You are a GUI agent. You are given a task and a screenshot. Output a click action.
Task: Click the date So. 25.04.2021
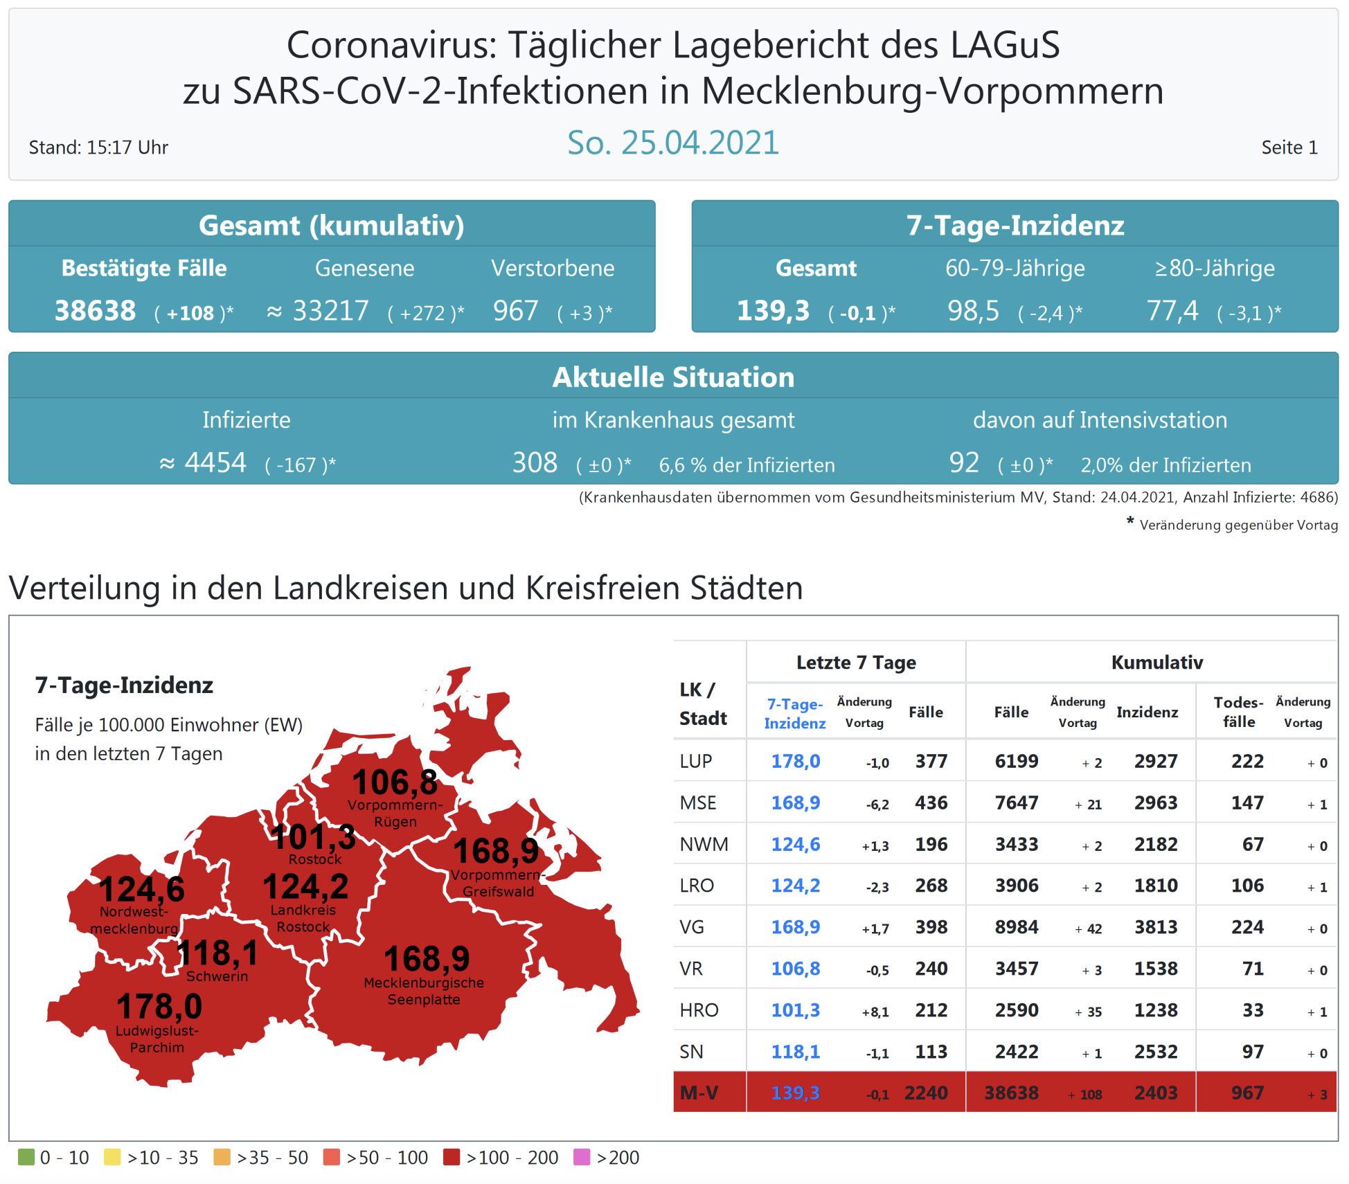(673, 143)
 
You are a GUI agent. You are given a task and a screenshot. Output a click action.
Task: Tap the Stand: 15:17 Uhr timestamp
(98, 147)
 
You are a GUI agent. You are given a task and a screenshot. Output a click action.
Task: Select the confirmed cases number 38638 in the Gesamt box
(96, 311)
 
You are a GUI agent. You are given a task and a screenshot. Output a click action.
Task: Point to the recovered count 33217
(330, 311)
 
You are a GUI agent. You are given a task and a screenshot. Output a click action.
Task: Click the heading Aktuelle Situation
(673, 377)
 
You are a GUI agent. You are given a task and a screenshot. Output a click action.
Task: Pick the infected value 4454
(215, 463)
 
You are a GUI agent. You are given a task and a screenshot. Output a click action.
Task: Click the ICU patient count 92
(964, 463)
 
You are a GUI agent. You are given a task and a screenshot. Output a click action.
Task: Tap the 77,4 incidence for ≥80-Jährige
(1172, 311)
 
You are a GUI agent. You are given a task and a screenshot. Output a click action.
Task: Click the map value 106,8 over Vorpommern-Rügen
(395, 782)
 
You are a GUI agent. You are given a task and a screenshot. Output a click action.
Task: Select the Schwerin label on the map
(217, 976)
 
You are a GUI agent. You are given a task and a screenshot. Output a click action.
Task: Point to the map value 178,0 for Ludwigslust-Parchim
(159, 1006)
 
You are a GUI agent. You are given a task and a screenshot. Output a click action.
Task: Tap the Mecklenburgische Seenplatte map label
(424, 991)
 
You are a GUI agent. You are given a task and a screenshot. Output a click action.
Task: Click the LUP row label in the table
(696, 761)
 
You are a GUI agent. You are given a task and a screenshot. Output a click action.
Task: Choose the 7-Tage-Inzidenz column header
(795, 713)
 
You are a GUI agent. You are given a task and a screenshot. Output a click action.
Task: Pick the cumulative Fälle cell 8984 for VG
(1017, 927)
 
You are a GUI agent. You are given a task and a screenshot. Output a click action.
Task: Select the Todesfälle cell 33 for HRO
(1253, 1010)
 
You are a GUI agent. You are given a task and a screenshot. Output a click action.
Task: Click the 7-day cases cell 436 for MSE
(931, 802)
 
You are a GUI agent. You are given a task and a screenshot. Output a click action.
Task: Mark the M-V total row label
(699, 1093)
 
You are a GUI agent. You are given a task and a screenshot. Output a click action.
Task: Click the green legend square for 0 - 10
(26, 1157)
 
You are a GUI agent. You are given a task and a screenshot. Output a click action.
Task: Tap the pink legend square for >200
(582, 1157)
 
